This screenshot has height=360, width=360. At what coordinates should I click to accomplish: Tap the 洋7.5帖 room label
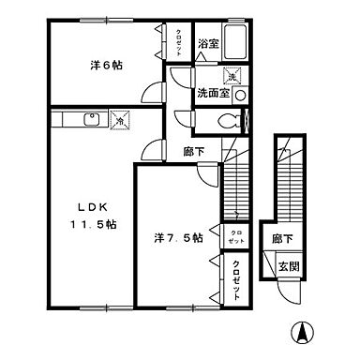[x=178, y=238]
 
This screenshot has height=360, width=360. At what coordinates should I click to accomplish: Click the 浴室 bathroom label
[x=208, y=43]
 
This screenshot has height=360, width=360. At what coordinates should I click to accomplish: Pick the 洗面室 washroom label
[x=212, y=96]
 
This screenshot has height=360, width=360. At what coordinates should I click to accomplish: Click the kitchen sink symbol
[x=92, y=118]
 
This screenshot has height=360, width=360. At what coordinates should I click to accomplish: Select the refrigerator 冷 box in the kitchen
[x=119, y=119]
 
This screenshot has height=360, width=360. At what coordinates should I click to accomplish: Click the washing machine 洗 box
[x=231, y=76]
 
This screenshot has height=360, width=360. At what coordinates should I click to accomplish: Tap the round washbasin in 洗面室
[x=241, y=95]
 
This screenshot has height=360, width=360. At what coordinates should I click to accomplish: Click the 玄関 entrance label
[x=289, y=266]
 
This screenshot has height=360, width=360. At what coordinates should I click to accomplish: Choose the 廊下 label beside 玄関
[x=281, y=240]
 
